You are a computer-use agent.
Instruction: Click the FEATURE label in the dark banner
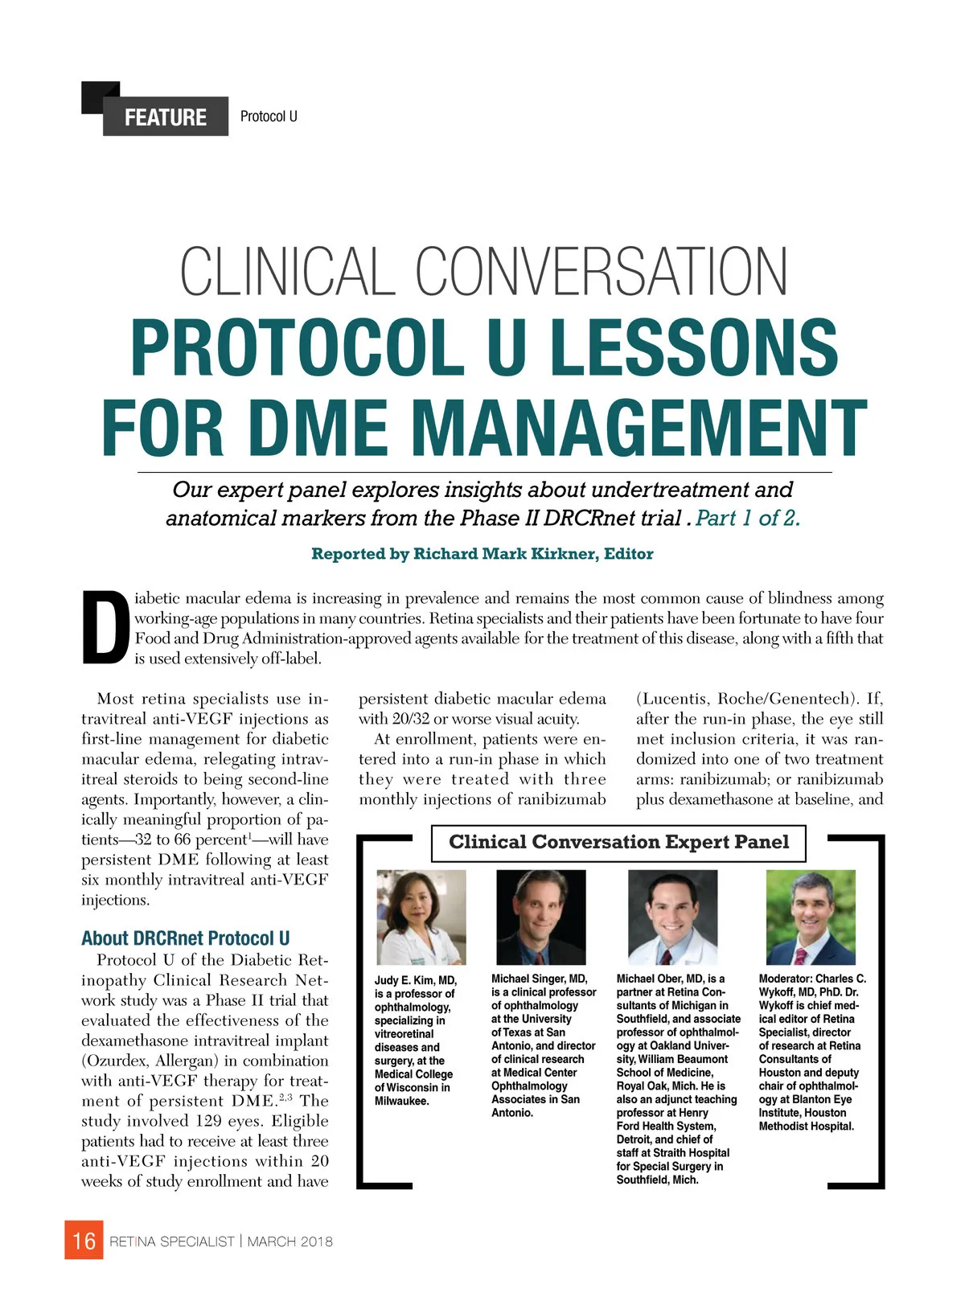[x=165, y=117]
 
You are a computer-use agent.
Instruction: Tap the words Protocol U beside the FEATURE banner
[x=269, y=117]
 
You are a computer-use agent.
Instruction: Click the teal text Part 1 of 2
[x=748, y=518]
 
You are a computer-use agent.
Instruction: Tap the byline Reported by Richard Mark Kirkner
[x=482, y=554]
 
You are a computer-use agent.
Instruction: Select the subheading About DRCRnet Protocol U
[x=185, y=938]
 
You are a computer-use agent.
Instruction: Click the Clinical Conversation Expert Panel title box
[x=618, y=843]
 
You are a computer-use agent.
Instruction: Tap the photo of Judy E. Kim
[x=421, y=917]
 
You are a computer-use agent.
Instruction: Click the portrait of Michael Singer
[x=540, y=917]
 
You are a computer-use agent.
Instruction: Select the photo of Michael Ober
[x=672, y=917]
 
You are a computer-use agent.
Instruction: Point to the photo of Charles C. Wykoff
[x=810, y=917]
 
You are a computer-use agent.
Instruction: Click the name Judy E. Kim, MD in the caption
[x=415, y=980]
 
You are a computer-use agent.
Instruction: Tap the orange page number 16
[x=84, y=1241]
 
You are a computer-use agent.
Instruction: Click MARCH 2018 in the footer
[x=290, y=1242]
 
